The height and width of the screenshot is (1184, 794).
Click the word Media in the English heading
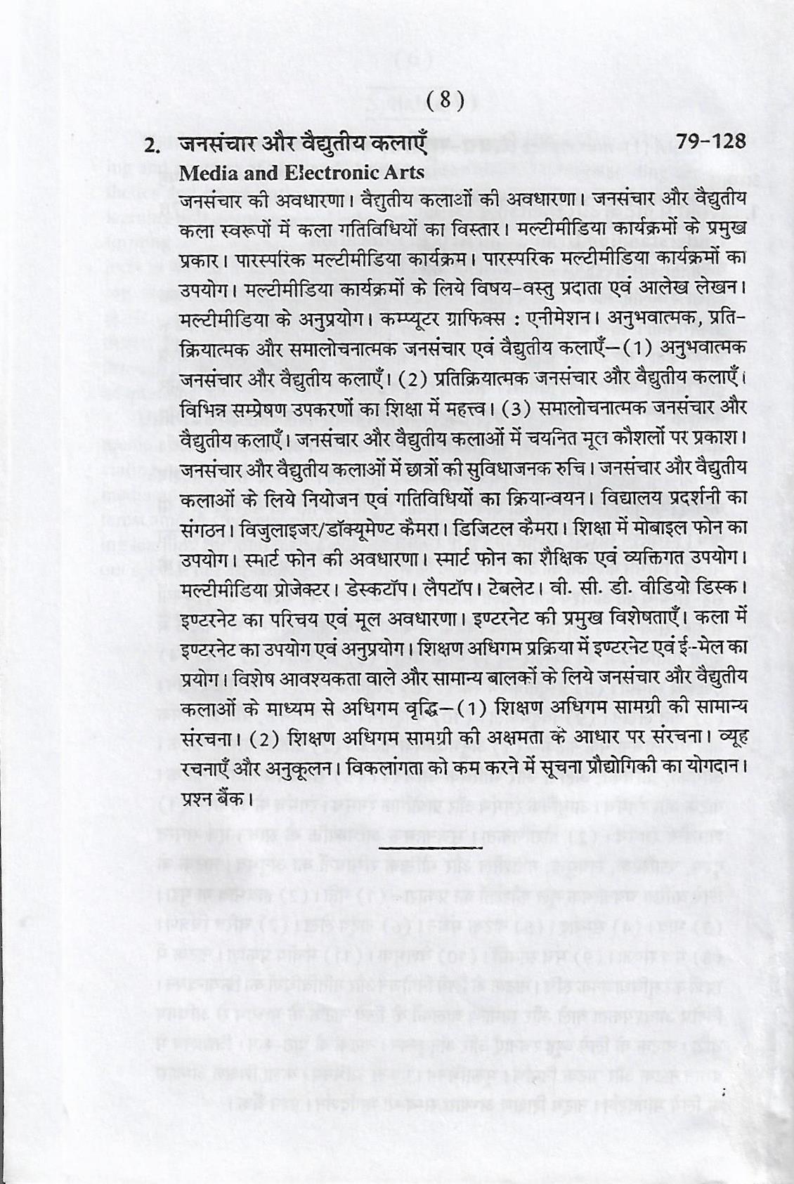(x=206, y=172)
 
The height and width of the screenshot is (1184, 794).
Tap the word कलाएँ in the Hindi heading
(x=397, y=144)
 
